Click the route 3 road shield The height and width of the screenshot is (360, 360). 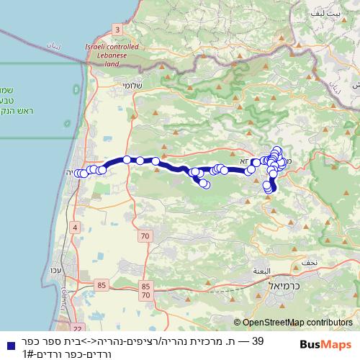(x=117, y=29)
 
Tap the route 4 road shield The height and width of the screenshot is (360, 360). (x=74, y=228)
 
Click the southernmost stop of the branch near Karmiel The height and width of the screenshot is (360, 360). (x=268, y=189)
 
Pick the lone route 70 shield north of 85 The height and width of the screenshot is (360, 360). (x=145, y=235)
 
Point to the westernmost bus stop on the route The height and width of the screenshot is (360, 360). (x=77, y=173)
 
